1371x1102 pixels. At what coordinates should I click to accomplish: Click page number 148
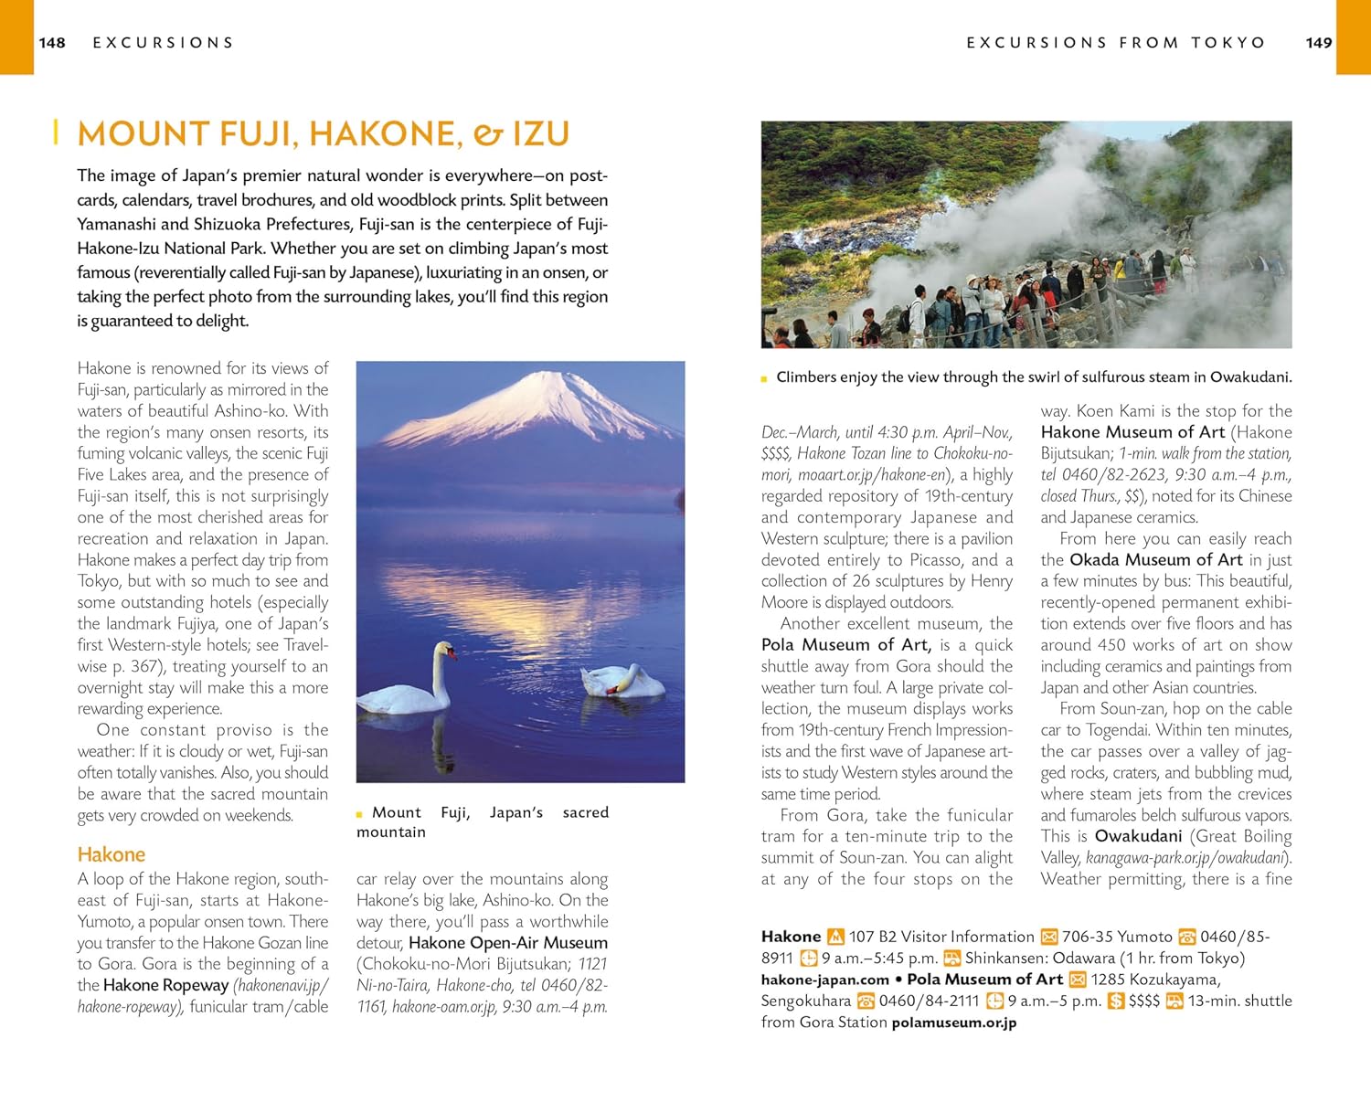tap(52, 43)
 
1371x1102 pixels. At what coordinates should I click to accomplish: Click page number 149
tap(1319, 43)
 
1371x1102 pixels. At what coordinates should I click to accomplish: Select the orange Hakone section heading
tap(112, 854)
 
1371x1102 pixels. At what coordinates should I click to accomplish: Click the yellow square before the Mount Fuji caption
tap(360, 813)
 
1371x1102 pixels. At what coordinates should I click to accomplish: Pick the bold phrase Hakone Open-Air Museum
tap(508, 942)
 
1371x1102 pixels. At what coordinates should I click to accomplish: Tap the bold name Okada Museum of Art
tap(1155, 559)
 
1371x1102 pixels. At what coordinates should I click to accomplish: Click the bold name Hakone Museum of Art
tap(1132, 432)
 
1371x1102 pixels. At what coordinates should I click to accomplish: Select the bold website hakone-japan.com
tap(824, 980)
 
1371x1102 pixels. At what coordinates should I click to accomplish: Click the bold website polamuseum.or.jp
tap(953, 1023)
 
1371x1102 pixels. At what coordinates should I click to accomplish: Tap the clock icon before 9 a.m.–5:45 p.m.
tap(809, 958)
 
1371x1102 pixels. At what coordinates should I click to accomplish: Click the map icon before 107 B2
tap(835, 937)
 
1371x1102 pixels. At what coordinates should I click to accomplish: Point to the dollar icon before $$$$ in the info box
tap(1115, 1001)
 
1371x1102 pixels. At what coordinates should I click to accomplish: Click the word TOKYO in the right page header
tap(1228, 43)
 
